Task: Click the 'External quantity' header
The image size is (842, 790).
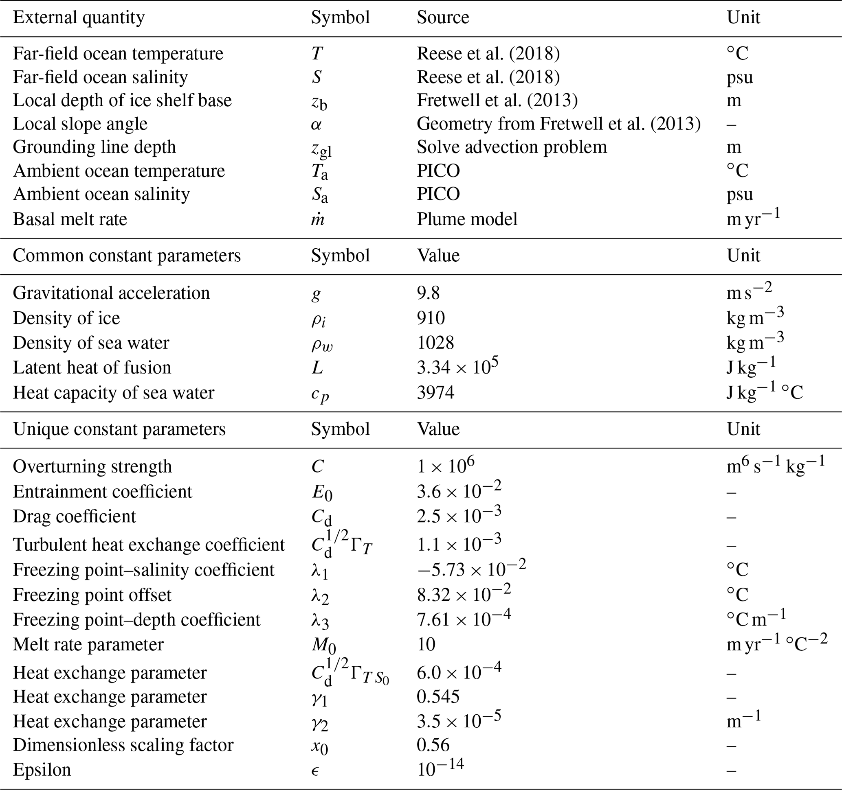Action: tap(79, 18)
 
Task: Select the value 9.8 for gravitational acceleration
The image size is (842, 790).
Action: tap(428, 293)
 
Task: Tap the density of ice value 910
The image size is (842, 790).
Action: tap(430, 318)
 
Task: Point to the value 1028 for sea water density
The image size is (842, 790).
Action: tap(435, 342)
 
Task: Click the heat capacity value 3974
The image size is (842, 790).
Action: tap(435, 392)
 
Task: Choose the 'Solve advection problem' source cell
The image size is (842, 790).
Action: tap(512, 147)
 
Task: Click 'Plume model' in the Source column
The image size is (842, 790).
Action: tap(467, 219)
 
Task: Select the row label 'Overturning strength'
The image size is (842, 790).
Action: tap(92, 466)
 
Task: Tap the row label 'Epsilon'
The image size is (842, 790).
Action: tap(42, 769)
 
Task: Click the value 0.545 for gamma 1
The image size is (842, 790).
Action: tap(438, 696)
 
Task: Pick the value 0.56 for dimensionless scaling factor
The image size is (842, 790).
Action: tap(433, 745)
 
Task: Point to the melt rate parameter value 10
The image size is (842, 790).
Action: tap(426, 644)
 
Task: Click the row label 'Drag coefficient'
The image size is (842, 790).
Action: tap(74, 516)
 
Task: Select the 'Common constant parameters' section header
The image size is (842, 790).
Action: tap(127, 256)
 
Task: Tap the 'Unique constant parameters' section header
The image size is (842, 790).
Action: tap(119, 429)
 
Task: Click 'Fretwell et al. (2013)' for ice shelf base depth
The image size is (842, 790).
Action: tap(497, 100)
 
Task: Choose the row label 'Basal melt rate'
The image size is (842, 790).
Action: tap(70, 219)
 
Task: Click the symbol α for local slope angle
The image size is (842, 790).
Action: tap(316, 124)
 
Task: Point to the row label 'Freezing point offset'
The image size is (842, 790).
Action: tap(92, 595)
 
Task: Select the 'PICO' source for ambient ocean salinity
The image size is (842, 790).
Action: tap(438, 194)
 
